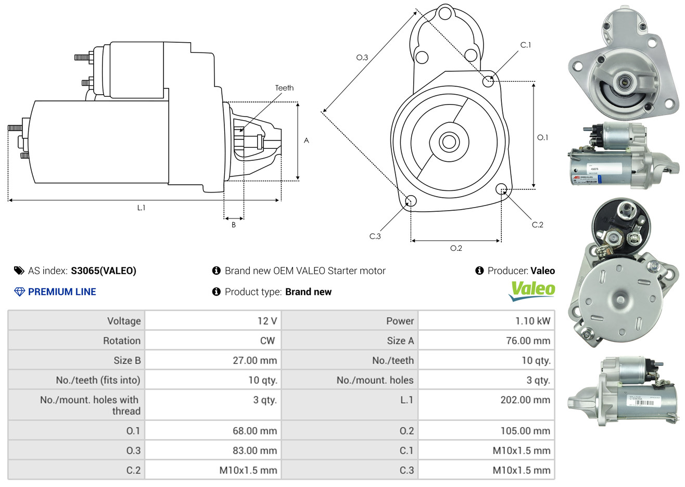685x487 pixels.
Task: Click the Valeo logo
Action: [x=532, y=291]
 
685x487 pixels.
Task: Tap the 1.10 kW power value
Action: [x=532, y=321]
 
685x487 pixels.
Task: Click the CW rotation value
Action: [x=267, y=341]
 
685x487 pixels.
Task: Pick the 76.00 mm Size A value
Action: [x=528, y=341]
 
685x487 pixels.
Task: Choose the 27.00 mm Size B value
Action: [x=255, y=361]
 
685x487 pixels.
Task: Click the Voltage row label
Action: [x=124, y=321]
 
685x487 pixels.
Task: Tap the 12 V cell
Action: [x=267, y=321]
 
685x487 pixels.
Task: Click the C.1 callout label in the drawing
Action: [x=526, y=45]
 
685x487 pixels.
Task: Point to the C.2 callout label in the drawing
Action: [x=537, y=225]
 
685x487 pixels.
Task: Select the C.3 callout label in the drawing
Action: [x=375, y=236]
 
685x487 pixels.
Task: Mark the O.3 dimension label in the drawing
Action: [x=362, y=58]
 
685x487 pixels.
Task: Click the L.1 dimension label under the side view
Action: [x=141, y=208]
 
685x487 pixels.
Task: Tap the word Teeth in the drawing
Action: [x=284, y=88]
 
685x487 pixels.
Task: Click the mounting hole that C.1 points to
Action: [x=488, y=81]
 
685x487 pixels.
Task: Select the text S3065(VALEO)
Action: [x=104, y=271]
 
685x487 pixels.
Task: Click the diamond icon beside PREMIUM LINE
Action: [x=19, y=292]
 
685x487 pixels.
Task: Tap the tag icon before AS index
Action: [x=19, y=271]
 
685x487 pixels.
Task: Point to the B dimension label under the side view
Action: [x=234, y=225]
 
